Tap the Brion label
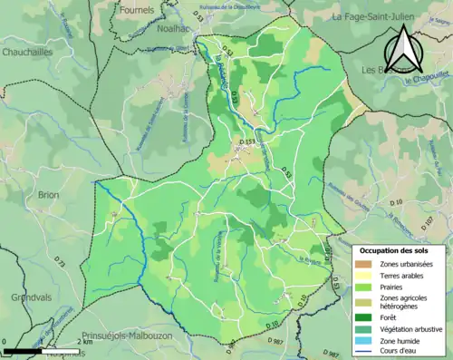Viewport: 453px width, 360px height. pyautogui.click(x=48, y=194)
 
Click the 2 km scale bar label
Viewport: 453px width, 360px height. pyautogui.click(x=85, y=343)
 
